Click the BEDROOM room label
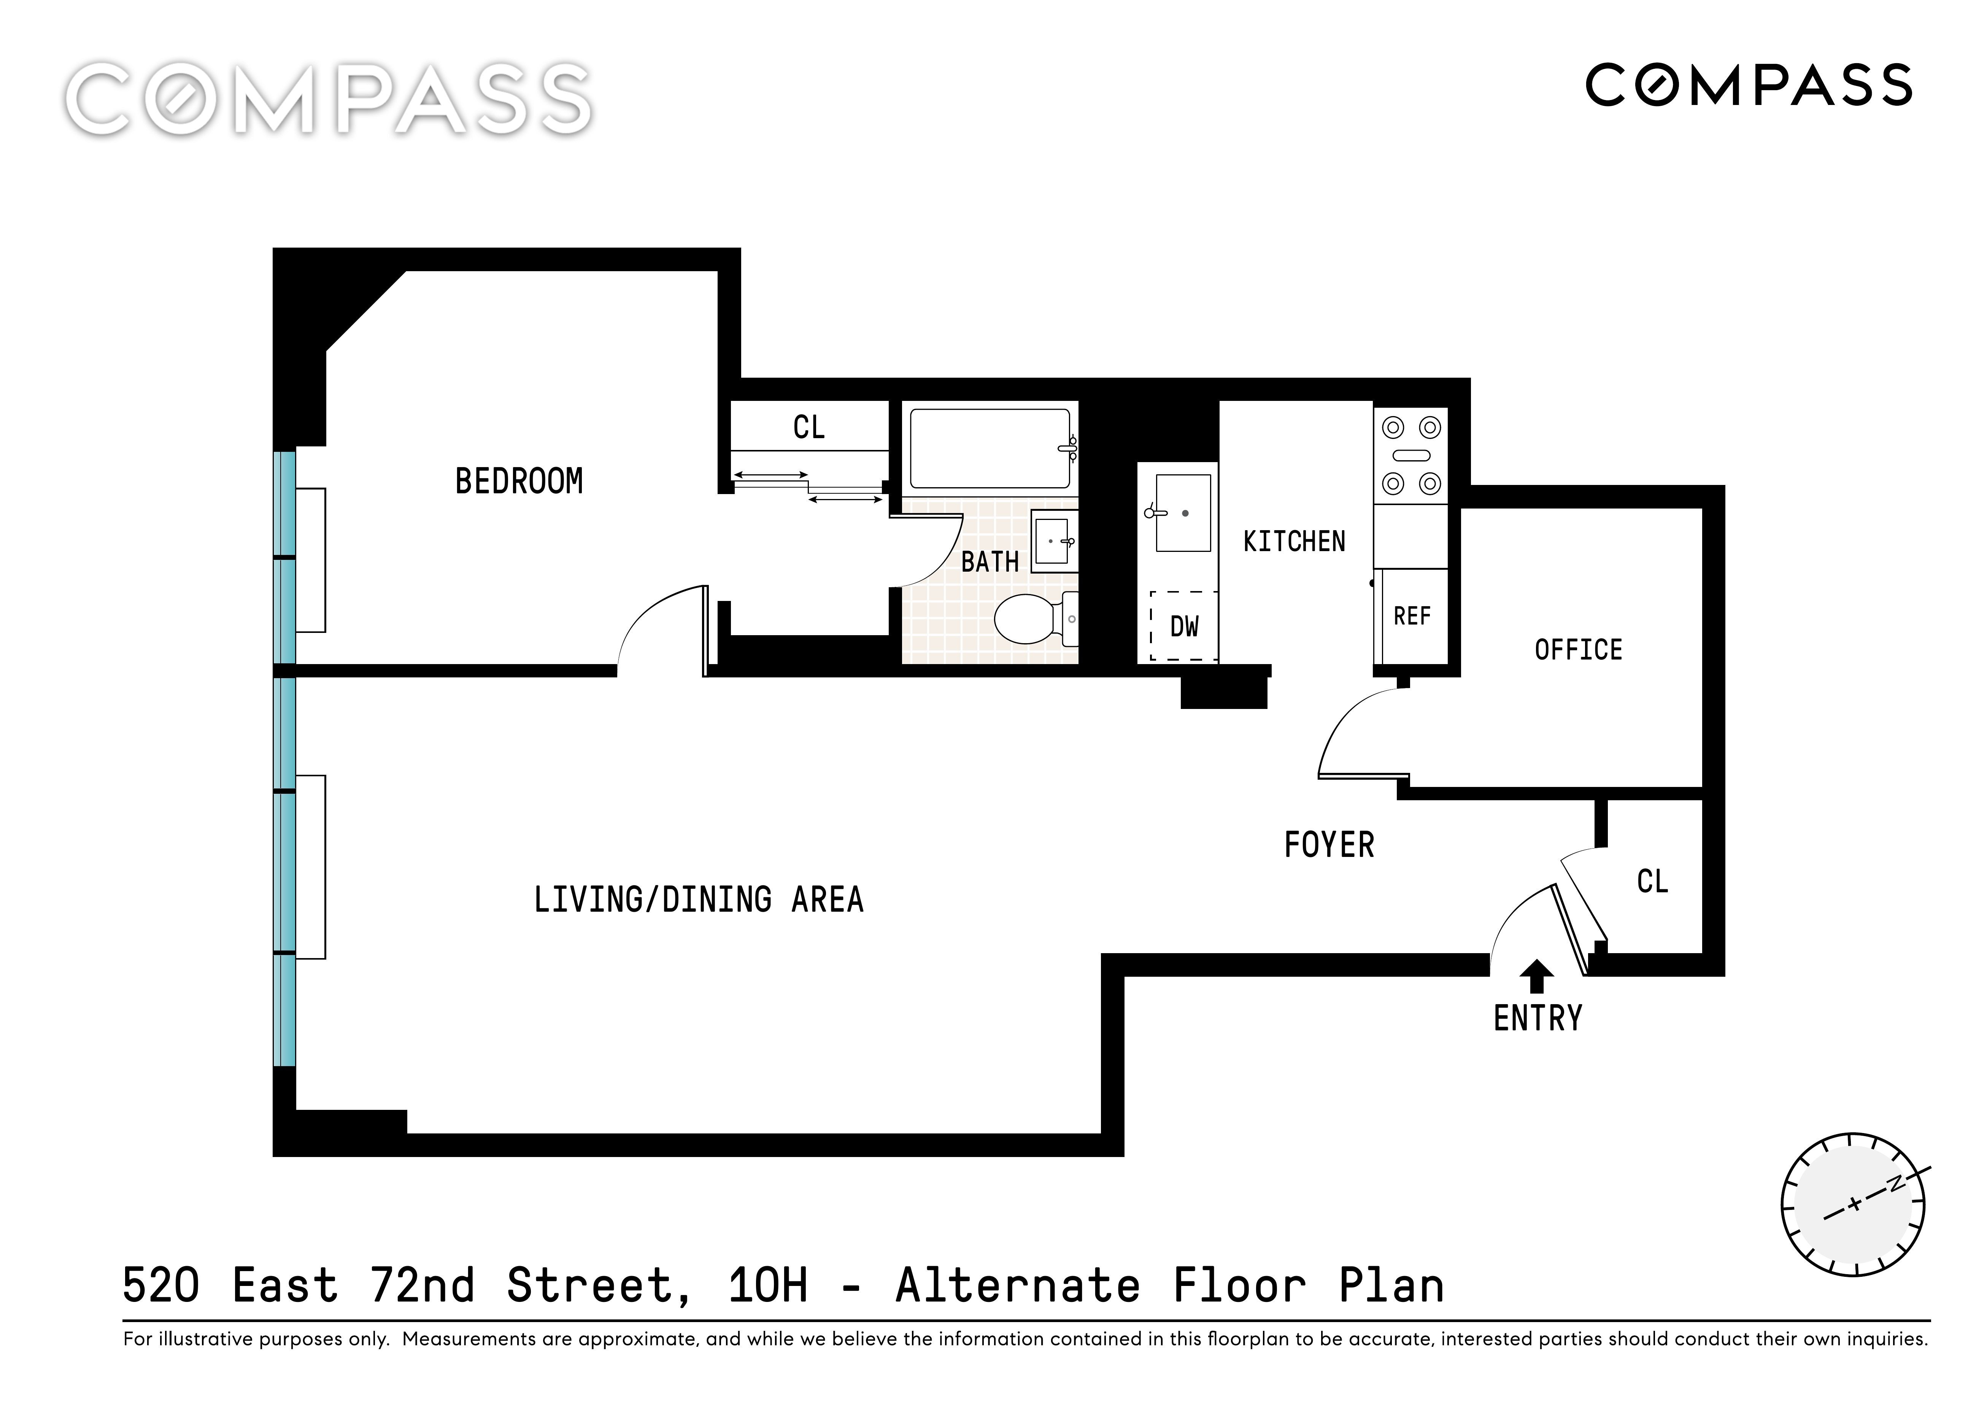519,481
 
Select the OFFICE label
1579,650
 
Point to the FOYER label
1329,845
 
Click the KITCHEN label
1294,542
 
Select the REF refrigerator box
1412,615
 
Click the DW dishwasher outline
1184,626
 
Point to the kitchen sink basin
1183,512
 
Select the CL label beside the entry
1652,882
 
